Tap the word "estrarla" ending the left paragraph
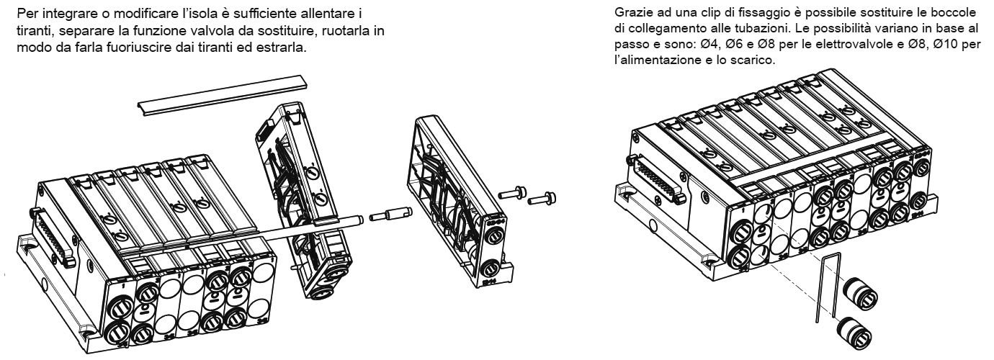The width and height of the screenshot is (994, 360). click(283, 48)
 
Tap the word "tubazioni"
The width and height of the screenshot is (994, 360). click(764, 28)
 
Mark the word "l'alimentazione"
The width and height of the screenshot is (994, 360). click(656, 60)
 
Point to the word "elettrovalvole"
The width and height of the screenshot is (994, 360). click(846, 45)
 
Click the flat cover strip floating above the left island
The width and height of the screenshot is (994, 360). click(222, 95)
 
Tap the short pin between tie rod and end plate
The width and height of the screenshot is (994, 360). click(390, 215)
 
